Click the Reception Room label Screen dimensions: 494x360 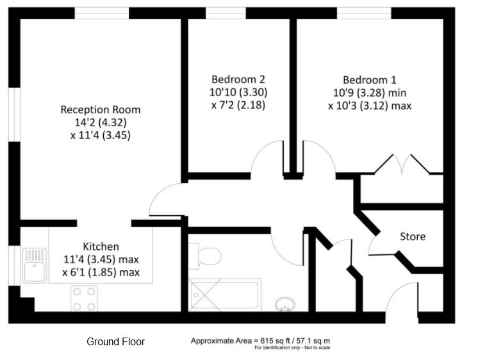(x=100, y=110)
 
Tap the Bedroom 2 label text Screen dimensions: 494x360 (x=238, y=79)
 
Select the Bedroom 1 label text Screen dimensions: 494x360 (x=370, y=79)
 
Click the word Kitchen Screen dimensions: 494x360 (x=101, y=247)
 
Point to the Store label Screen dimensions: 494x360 (x=413, y=236)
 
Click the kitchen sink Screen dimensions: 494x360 (x=35, y=265)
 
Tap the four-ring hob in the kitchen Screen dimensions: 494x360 (x=84, y=299)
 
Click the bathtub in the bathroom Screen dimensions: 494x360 (x=225, y=295)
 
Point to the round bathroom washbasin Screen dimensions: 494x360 (x=285, y=305)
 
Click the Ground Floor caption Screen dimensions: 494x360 (x=115, y=341)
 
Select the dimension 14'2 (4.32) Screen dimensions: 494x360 (x=101, y=122)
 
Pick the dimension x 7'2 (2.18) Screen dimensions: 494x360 (x=238, y=105)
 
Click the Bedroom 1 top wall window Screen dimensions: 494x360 (x=364, y=13)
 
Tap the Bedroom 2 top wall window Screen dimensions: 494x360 (x=226, y=13)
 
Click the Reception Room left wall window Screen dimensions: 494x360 (x=14, y=114)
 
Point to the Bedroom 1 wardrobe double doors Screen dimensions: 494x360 (x=402, y=164)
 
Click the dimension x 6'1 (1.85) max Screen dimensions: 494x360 (x=101, y=272)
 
